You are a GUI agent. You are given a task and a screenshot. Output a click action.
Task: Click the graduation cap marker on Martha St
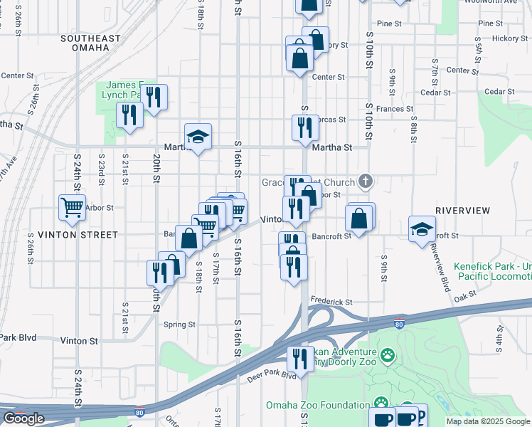198,137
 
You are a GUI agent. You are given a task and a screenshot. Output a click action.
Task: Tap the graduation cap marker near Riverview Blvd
422,230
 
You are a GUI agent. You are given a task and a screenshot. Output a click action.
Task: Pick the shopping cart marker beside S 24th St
72,208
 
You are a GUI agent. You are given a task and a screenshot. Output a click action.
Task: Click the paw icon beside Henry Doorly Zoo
387,354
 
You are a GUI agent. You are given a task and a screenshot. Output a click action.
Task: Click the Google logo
23,418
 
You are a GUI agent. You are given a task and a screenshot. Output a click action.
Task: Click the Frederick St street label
330,302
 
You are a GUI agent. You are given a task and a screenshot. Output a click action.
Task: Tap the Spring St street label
179,325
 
